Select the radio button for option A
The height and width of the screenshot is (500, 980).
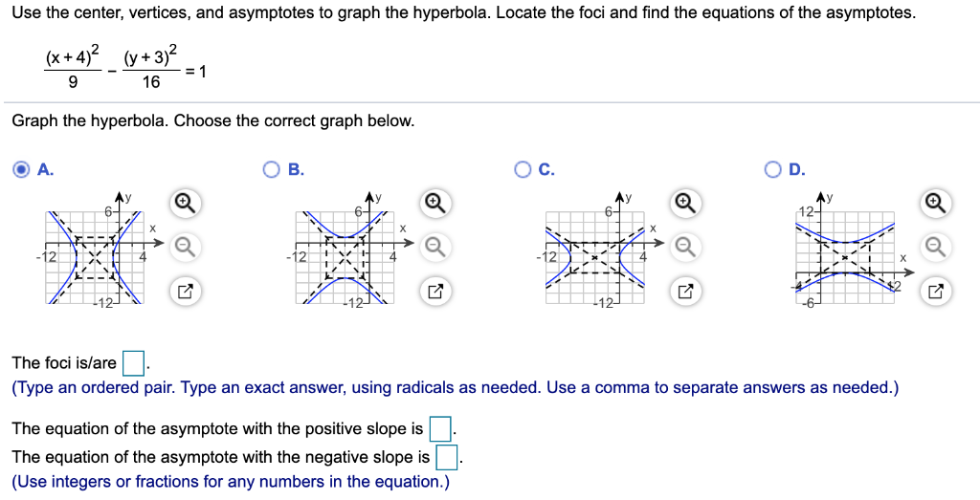coord(21,170)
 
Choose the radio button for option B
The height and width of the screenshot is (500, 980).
coord(271,170)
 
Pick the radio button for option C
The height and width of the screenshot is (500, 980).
coord(523,170)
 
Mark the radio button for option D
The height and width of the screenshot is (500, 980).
coord(774,170)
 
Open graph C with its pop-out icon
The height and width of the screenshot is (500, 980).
coord(684,293)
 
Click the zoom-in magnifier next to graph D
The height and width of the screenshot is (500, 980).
coord(935,203)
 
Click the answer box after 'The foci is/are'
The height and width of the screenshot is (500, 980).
coord(133,363)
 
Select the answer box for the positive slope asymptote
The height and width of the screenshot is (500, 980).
coord(438,428)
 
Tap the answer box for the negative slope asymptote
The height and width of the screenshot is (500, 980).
coord(446,457)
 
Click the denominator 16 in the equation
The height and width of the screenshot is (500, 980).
coord(150,82)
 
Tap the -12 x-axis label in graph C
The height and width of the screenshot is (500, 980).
coord(547,257)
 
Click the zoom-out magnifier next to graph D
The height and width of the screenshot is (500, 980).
coord(935,248)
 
